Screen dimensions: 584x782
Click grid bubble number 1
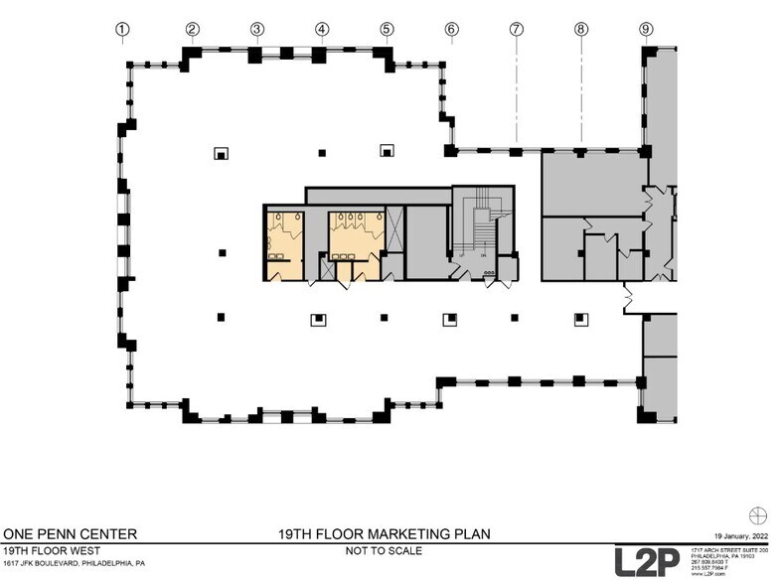coord(122,29)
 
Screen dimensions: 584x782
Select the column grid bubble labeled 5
coord(387,29)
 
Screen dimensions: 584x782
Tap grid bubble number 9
coord(646,29)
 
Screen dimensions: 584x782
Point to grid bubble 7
coord(517,29)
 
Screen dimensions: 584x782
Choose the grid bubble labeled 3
coord(256,29)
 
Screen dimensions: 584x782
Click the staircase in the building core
coord(482,225)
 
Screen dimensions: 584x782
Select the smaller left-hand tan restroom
coord(285,243)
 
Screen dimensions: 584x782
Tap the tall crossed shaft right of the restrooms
coord(395,228)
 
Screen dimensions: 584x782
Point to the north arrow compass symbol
coord(760,513)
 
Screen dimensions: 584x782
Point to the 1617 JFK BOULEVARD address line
coord(74,563)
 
